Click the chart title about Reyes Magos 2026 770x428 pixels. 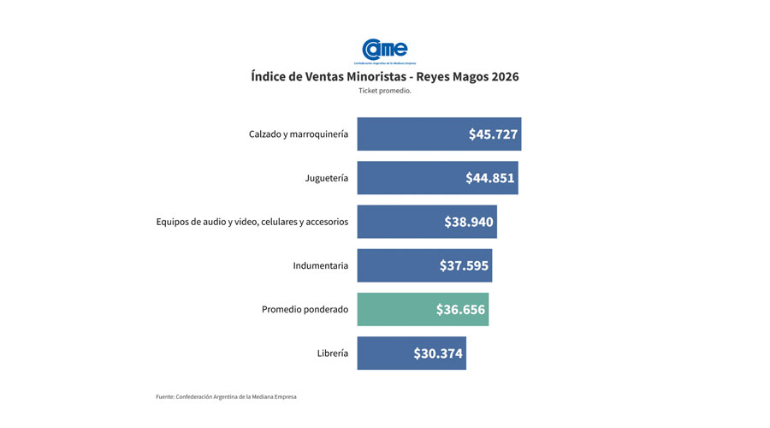click(x=385, y=76)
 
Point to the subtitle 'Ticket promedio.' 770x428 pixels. click(x=385, y=91)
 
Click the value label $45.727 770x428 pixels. click(x=493, y=134)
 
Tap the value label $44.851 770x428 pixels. click(x=490, y=178)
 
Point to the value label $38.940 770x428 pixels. click(x=469, y=222)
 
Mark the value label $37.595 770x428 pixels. click(x=464, y=265)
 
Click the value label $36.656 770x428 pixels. click(x=460, y=309)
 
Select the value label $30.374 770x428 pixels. click(x=438, y=353)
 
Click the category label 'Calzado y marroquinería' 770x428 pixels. click(x=299, y=134)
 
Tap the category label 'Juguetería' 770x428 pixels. click(x=327, y=178)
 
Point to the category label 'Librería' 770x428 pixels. click(x=332, y=353)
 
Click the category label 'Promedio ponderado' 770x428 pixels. click(x=305, y=309)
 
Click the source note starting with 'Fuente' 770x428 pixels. click(x=226, y=396)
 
